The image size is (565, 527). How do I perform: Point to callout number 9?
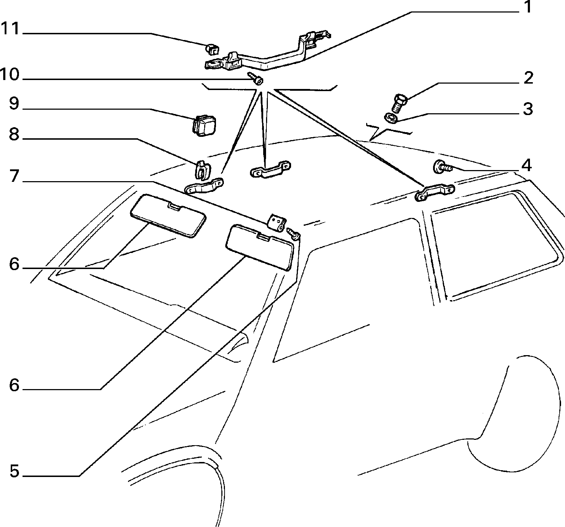point(14,104)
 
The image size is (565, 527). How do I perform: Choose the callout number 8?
point(14,135)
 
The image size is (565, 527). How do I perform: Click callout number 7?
point(14,176)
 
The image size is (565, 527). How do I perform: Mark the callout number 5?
point(14,472)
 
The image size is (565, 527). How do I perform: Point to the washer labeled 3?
point(390,118)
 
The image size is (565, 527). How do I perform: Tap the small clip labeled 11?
point(212,49)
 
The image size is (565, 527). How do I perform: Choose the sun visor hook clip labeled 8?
point(202,170)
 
